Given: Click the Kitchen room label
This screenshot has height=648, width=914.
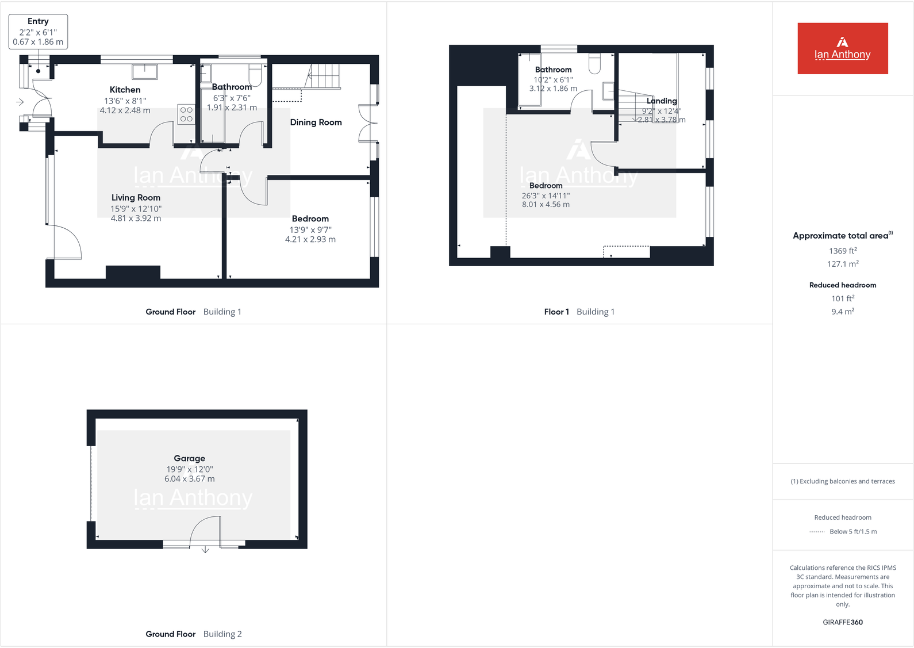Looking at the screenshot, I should click(125, 90).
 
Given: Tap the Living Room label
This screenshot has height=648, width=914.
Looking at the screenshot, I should click(136, 198).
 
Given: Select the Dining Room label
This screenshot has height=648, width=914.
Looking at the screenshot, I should click(316, 122).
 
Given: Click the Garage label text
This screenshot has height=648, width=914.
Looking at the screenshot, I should click(189, 459).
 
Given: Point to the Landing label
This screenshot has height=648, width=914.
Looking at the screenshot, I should click(662, 101).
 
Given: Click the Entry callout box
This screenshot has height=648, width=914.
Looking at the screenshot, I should click(38, 32).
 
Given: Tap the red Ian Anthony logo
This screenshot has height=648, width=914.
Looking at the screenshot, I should click(842, 48).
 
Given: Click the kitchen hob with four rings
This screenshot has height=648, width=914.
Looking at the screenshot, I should click(186, 114).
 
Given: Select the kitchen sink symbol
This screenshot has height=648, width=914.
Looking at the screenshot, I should click(145, 71).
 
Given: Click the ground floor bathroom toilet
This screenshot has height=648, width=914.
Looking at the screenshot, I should click(255, 75).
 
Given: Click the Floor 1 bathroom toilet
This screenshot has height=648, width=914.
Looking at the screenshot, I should click(594, 63).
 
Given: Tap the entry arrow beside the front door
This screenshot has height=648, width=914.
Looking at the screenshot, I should click(20, 102).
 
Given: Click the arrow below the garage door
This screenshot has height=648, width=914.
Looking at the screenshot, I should click(205, 550).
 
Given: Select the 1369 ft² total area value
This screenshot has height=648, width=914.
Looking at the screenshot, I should click(843, 251).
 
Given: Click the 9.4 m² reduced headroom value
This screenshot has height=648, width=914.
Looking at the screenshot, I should click(843, 312).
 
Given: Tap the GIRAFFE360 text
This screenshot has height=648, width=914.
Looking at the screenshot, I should click(843, 622).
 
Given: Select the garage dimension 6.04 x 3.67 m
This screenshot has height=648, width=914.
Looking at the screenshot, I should click(189, 479).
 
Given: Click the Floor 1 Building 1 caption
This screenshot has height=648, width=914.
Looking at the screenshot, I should click(579, 312).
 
